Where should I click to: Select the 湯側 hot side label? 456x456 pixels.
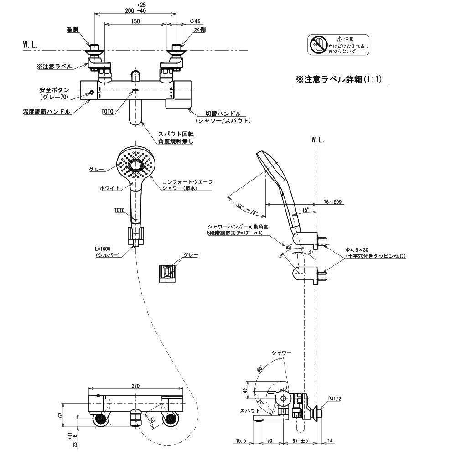pos(72,30)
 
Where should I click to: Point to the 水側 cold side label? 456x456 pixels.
pos(200,30)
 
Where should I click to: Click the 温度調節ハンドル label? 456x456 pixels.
pos(47,112)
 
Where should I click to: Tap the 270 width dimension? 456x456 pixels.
pos(135,386)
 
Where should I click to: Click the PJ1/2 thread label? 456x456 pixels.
pos(334,398)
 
